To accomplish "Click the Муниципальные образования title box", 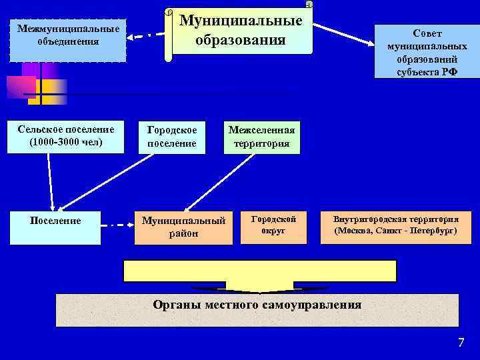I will click(240, 31).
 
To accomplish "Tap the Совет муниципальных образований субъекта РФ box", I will click(427, 51).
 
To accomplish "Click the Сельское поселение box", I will click(66, 136).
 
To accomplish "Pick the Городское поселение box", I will click(172, 137).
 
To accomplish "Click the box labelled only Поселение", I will click(56, 227).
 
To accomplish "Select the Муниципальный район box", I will click(183, 227).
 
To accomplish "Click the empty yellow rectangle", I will click(260, 271).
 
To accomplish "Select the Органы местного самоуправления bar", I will click(257, 309).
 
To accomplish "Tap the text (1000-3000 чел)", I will click(66, 142).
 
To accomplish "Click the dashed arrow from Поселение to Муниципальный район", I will click(117, 225).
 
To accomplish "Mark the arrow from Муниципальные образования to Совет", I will click(344, 34).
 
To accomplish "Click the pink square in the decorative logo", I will click(20, 87).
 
